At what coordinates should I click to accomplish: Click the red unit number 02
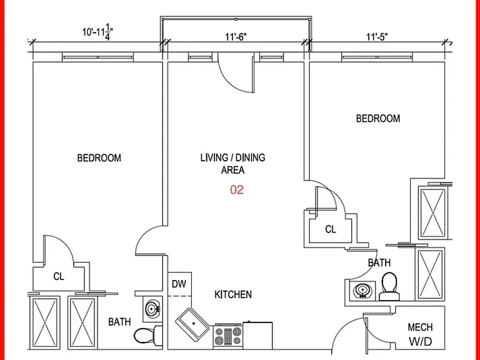(237, 190)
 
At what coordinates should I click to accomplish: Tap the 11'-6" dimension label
(236, 37)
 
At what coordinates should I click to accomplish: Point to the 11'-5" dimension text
(377, 37)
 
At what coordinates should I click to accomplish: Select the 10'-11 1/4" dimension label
(97, 32)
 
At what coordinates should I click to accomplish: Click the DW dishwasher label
(179, 284)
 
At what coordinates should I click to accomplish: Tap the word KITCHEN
(233, 294)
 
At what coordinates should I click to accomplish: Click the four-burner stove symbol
(227, 336)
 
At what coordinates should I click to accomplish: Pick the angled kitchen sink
(192, 324)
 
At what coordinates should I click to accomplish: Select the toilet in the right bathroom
(389, 286)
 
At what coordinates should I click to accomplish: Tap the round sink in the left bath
(152, 309)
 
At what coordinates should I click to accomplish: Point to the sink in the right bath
(362, 290)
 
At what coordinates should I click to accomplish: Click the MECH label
(420, 327)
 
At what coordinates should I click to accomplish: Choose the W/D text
(420, 341)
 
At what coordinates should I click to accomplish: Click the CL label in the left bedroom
(59, 276)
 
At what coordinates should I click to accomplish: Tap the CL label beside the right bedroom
(330, 229)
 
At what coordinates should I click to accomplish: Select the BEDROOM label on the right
(377, 119)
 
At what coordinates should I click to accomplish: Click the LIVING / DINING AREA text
(232, 164)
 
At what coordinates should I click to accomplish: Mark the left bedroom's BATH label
(119, 322)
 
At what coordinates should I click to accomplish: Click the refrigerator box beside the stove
(257, 335)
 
